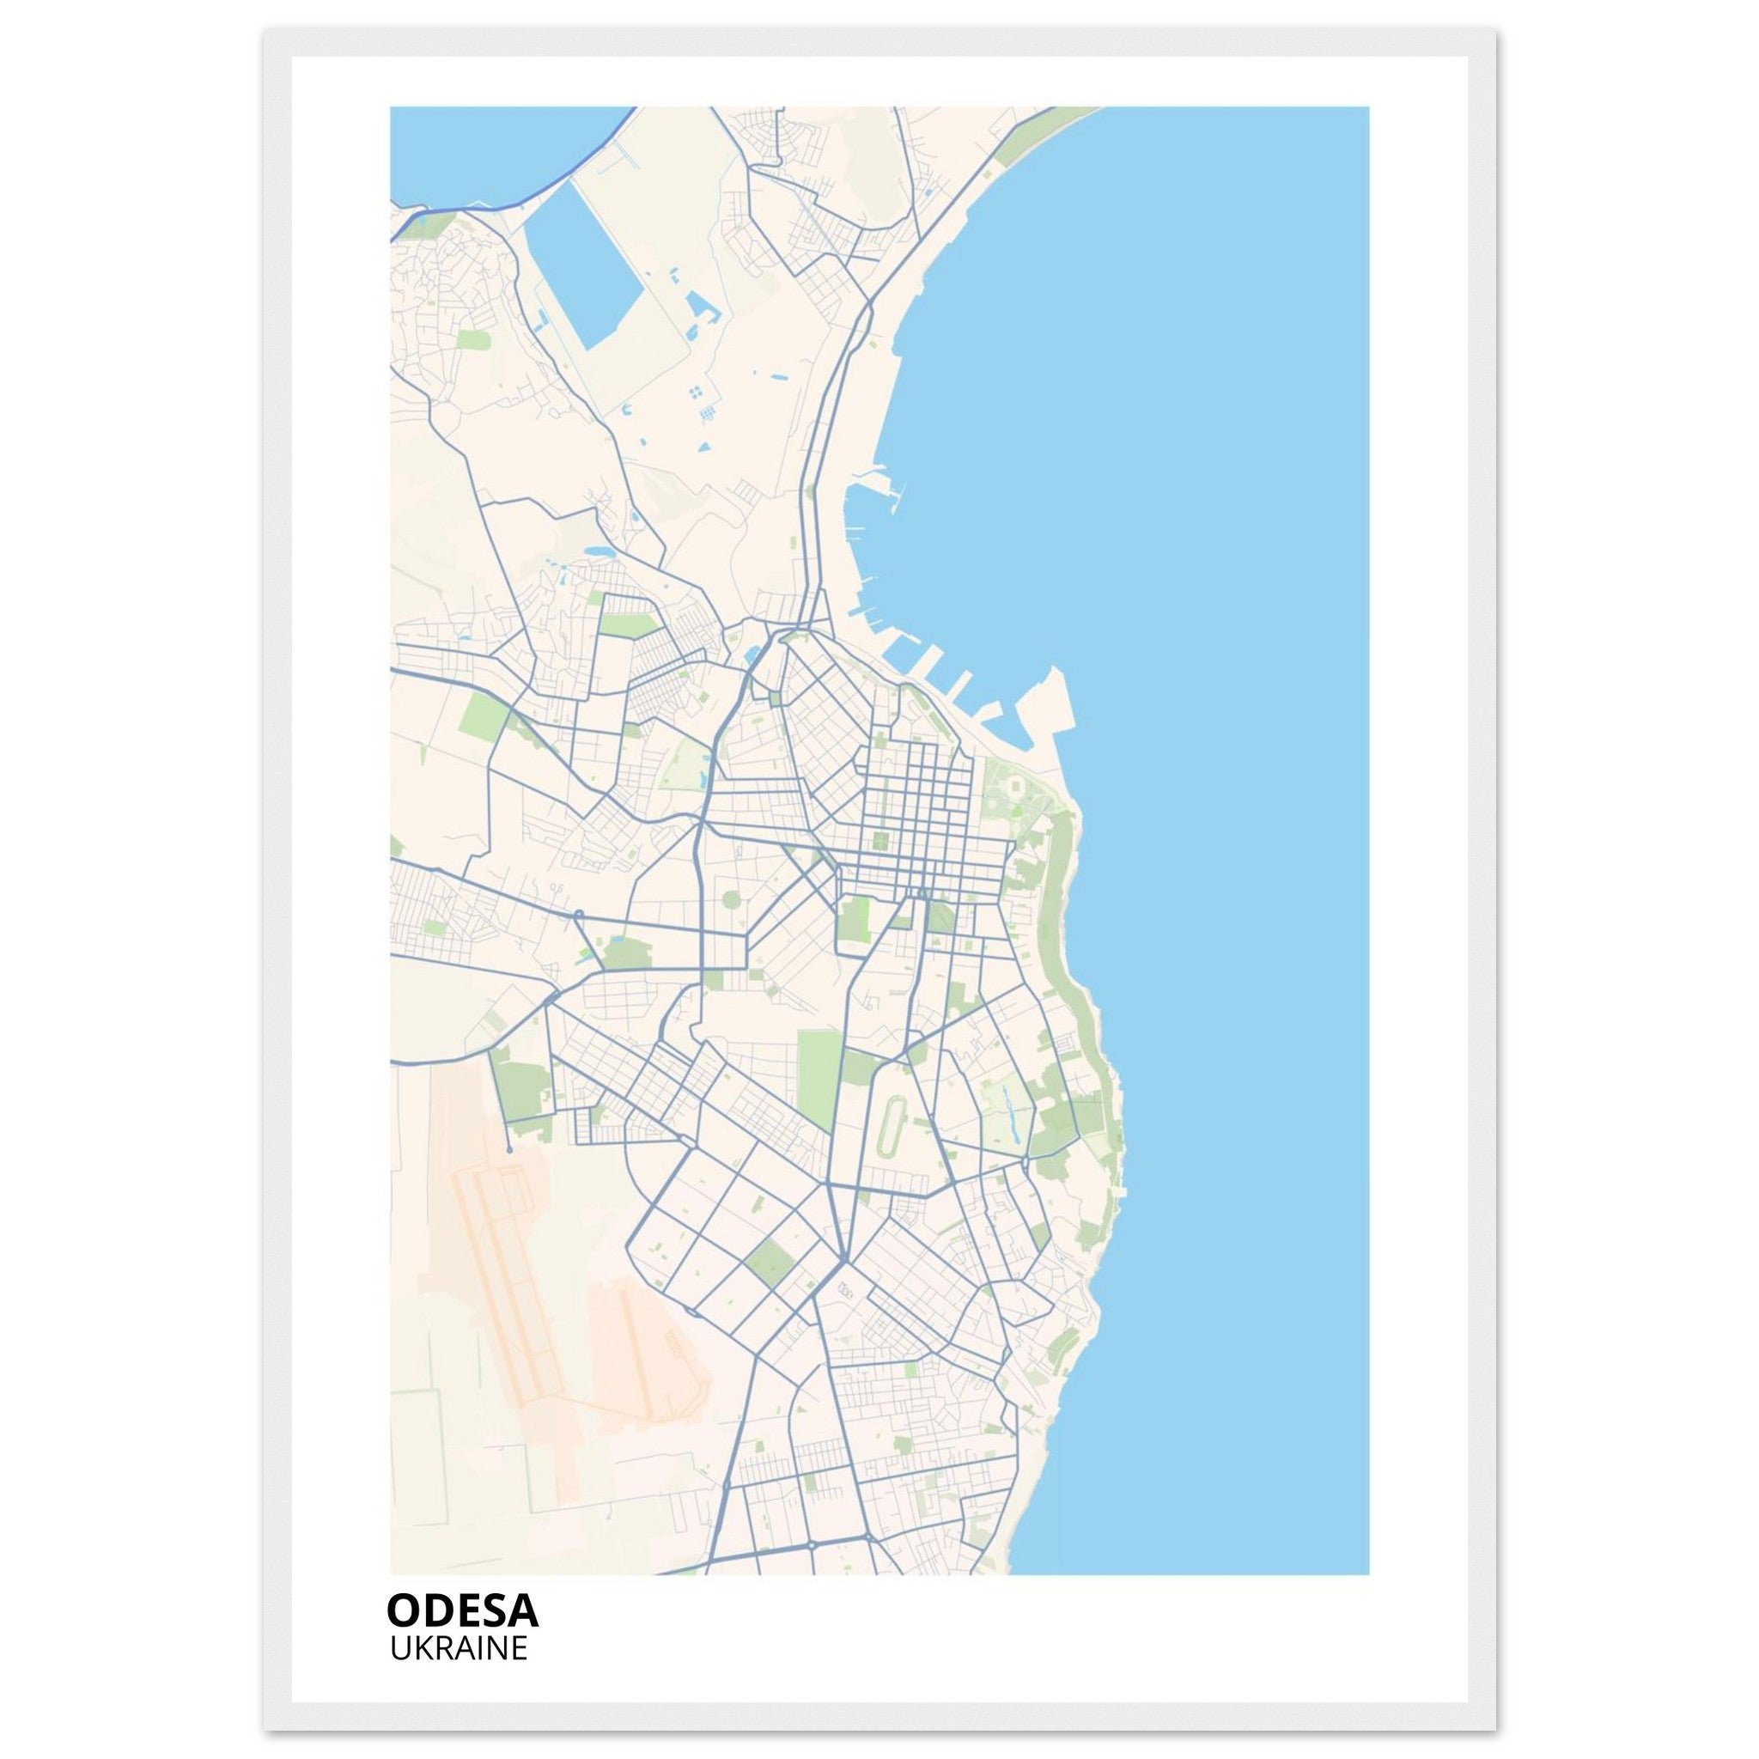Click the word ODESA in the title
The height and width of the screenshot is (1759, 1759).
[463, 1610]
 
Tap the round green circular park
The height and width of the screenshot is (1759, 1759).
[731, 901]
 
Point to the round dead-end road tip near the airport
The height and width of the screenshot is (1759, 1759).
[509, 1151]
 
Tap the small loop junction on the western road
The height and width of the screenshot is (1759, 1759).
[577, 913]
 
